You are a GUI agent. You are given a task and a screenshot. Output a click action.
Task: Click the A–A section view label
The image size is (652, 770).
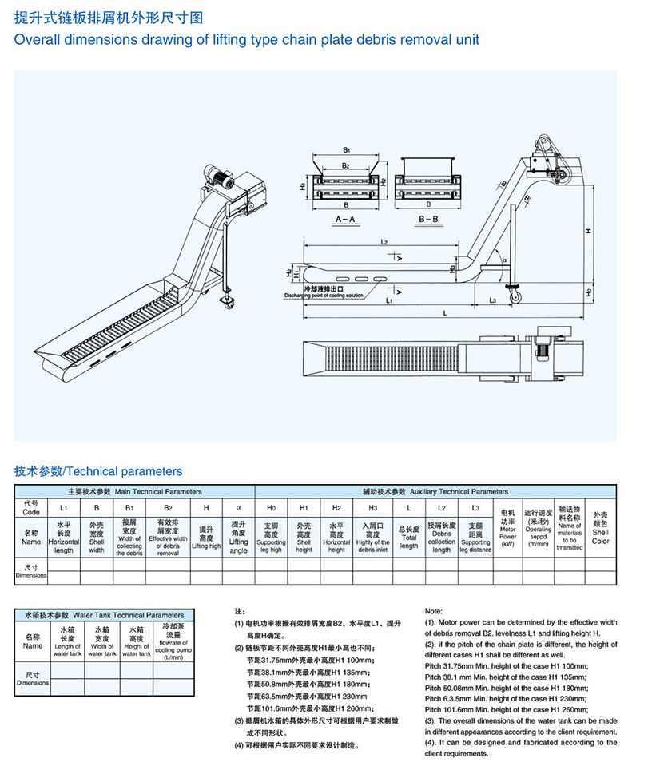click(x=345, y=217)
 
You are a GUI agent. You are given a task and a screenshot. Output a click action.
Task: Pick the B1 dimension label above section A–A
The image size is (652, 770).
click(x=346, y=149)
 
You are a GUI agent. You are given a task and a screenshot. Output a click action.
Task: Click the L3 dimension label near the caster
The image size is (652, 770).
click(x=493, y=300)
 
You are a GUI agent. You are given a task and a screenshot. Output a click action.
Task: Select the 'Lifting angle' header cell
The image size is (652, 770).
click(x=238, y=537)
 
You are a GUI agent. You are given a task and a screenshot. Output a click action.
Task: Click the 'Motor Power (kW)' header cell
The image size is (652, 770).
click(x=507, y=527)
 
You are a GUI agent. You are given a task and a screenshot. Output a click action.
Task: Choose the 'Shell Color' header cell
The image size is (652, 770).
click(x=600, y=527)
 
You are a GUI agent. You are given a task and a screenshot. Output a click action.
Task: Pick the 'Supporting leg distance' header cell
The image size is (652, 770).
click(x=475, y=537)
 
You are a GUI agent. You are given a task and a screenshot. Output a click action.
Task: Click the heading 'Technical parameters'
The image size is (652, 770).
click(x=98, y=471)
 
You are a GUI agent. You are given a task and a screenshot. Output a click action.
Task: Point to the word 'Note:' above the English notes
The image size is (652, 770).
click(x=433, y=611)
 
